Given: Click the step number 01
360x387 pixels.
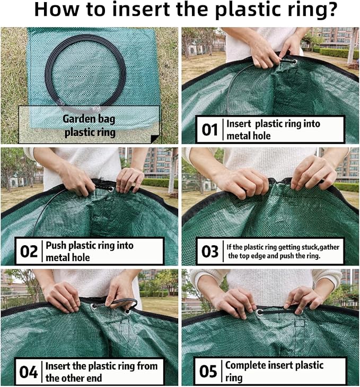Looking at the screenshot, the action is point(209,130).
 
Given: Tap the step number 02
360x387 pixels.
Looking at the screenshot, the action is point(29,252).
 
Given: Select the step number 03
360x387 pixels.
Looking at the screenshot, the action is point(210,252).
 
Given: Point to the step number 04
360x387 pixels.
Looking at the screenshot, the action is point(28,372).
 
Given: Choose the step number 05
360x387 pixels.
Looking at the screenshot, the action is point(208,372).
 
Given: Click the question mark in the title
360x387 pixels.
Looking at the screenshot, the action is point(330,9).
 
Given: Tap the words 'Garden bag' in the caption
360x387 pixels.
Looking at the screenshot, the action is point(89,119).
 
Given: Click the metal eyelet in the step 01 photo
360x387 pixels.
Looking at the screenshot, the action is point(294,62).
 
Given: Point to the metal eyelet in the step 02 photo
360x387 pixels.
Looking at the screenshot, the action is point(111,190).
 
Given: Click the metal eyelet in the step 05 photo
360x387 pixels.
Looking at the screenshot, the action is point(260,313).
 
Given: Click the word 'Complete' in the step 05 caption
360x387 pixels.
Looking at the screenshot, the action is point(246,366).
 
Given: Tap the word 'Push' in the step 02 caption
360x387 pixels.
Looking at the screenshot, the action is point(56,246).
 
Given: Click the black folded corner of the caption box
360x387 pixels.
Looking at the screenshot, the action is point(155,139).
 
